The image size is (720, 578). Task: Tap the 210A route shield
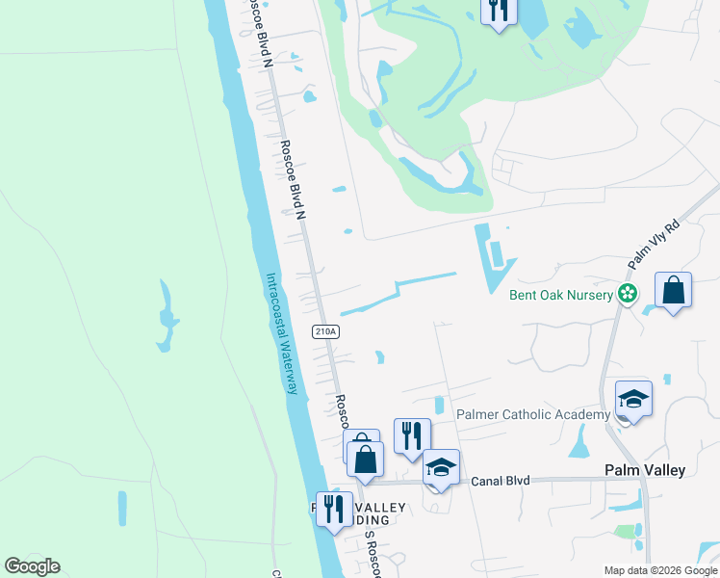pyautogui.click(x=325, y=331)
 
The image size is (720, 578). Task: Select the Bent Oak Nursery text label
pyautogui.click(x=561, y=295)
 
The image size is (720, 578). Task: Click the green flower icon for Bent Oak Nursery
pyautogui.click(x=628, y=293)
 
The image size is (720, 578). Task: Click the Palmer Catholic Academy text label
pyautogui.click(x=533, y=414)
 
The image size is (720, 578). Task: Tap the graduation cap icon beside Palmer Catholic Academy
pyautogui.click(x=633, y=399)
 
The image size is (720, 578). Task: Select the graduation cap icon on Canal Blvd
pyautogui.click(x=441, y=467)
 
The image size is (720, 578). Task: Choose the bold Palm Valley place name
pyautogui.click(x=644, y=470)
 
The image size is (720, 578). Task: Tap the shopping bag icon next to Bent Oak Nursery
pyautogui.click(x=673, y=290)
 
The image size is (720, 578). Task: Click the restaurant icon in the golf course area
pyautogui.click(x=498, y=11)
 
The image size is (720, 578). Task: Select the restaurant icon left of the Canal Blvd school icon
pyautogui.click(x=412, y=435)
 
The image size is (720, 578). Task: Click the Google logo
pyautogui.click(x=32, y=566)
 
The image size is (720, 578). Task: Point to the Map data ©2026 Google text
pyautogui.click(x=660, y=570)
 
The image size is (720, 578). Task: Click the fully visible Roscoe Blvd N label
pyautogui.click(x=294, y=180)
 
